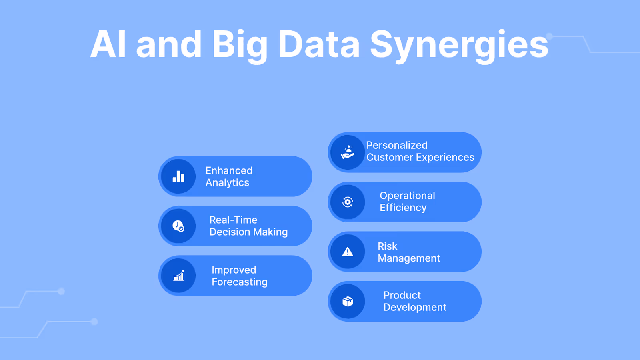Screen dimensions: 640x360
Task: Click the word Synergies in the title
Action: coord(459,45)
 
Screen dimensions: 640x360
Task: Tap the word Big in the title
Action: coord(239,45)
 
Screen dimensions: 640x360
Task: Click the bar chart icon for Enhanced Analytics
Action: coord(178,176)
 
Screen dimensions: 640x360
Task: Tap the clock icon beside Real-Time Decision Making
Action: coord(178,226)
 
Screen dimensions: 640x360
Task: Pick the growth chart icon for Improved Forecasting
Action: coord(178,276)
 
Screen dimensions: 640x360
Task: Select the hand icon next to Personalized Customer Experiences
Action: coord(348,152)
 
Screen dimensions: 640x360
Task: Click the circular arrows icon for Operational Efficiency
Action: coord(348,202)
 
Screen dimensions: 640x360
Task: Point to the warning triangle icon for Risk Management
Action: coord(348,252)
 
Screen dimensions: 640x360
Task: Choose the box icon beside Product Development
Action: coord(348,301)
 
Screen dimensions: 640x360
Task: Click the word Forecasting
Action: coord(239,282)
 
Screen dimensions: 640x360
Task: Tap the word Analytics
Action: coord(227,183)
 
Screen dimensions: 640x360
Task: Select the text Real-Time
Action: coord(233,220)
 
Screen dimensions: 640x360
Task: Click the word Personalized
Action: coord(397,145)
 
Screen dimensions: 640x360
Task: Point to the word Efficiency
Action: coord(403,208)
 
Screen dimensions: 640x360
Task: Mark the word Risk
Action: coord(387,246)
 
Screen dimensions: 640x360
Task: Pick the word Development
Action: coord(414,307)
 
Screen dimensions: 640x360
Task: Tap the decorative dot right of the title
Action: coord(550,36)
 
